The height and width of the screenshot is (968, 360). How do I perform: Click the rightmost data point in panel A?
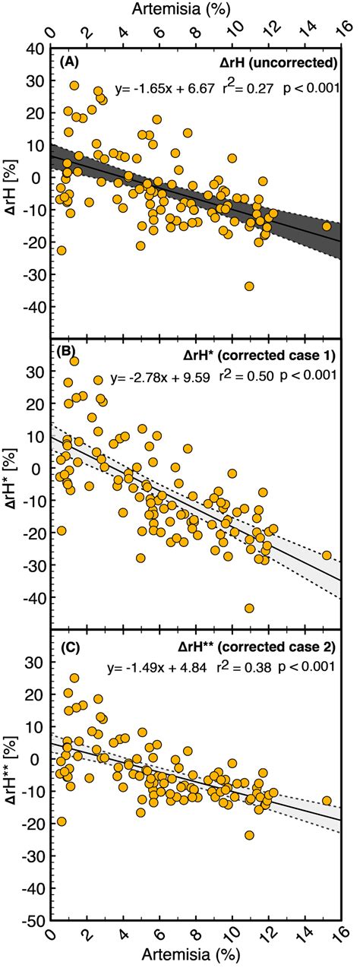pos(327,226)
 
